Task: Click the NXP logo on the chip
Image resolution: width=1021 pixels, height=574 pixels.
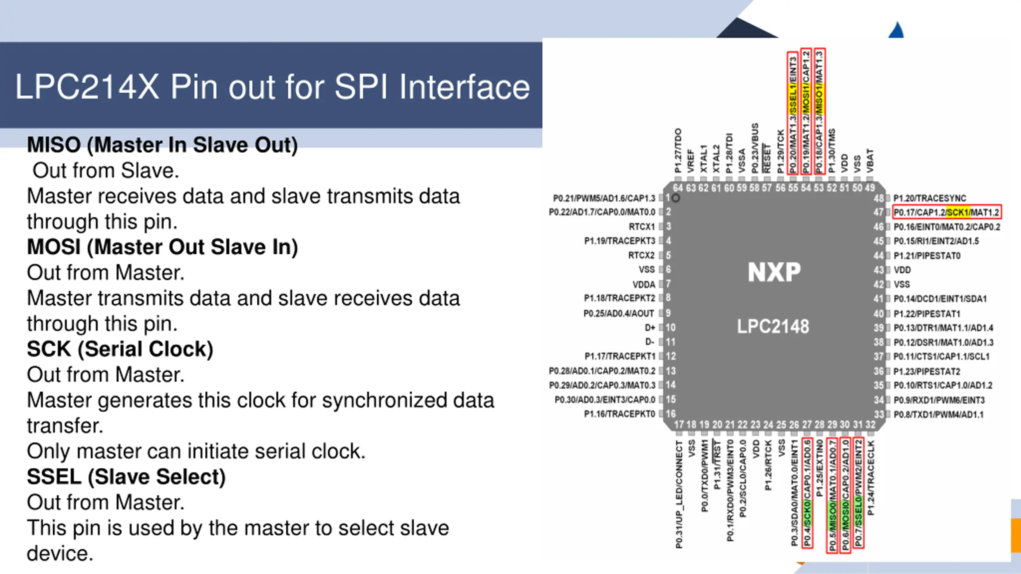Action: click(774, 272)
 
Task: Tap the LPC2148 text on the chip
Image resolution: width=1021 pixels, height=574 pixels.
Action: click(773, 326)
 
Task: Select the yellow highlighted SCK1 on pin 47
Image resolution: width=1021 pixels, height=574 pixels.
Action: click(958, 212)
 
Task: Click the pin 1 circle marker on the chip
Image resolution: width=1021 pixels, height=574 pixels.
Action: click(676, 198)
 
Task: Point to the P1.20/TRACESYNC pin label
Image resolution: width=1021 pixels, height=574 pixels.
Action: click(930, 198)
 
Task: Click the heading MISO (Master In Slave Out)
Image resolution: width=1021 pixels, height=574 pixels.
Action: click(162, 145)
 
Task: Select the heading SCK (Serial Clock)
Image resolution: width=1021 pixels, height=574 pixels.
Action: click(120, 349)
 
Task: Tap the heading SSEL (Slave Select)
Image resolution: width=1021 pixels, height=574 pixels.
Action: click(126, 477)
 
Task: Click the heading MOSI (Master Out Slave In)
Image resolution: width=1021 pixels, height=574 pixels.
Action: click(162, 247)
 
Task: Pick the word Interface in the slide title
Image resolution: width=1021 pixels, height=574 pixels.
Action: click(464, 87)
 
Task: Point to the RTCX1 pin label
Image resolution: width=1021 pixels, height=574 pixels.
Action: click(642, 227)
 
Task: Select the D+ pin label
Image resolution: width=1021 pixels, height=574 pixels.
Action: click(650, 328)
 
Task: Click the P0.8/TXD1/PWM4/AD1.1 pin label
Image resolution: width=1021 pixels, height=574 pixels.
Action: click(938, 415)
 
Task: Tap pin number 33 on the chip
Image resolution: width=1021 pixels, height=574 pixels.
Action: click(879, 415)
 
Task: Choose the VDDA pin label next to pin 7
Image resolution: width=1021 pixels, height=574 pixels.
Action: click(644, 285)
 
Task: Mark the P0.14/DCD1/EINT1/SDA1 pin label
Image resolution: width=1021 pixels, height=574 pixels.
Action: click(940, 299)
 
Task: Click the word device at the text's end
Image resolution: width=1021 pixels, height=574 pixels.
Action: click(60, 554)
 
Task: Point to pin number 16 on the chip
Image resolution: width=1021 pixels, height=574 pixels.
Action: click(671, 414)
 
